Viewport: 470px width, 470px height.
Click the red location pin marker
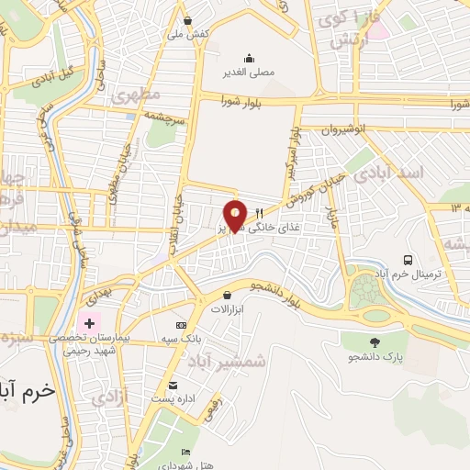click(x=236, y=214)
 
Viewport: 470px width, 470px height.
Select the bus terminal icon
click(x=408, y=259)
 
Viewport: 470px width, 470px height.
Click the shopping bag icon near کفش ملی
click(x=188, y=20)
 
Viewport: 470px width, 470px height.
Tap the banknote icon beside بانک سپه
click(x=181, y=325)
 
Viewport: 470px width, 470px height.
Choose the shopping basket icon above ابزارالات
click(x=227, y=295)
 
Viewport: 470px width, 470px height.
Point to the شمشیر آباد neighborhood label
click(x=237, y=362)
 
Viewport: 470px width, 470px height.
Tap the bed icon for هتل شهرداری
click(x=186, y=453)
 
